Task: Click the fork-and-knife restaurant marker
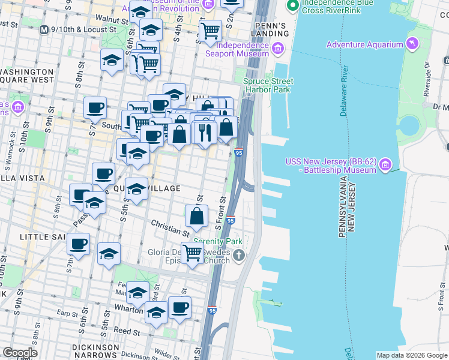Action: [x=205, y=131]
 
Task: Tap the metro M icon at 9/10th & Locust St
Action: [x=44, y=29]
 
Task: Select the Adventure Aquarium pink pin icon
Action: [x=412, y=44]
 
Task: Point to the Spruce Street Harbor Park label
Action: [x=267, y=85]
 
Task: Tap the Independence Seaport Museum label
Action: [x=242, y=50]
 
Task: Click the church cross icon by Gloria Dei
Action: [x=239, y=257]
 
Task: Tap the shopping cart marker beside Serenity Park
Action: [x=192, y=253]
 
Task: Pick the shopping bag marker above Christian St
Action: [x=196, y=215]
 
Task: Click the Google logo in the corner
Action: [x=20, y=353]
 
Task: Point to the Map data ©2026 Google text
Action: [x=411, y=355]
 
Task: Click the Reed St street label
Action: [x=127, y=331]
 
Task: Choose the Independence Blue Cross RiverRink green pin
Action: [x=293, y=7]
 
